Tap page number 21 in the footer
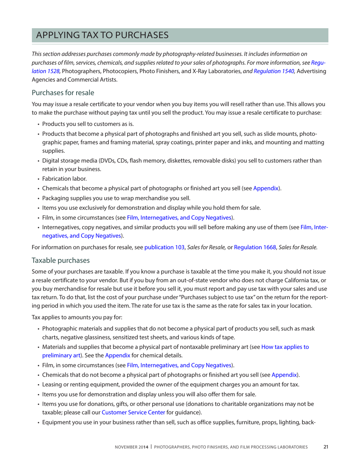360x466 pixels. coord(326,447)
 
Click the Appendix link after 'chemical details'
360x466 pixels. coord(117,355)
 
